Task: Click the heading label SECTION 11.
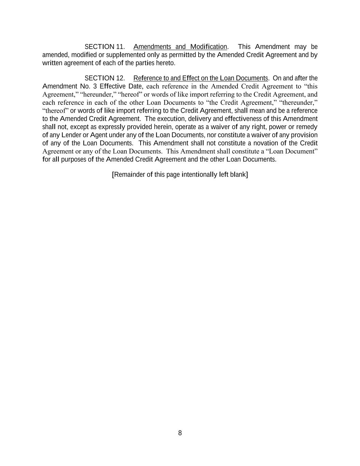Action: [x=104, y=47]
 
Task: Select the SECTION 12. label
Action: [x=104, y=78]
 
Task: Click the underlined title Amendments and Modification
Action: [x=180, y=47]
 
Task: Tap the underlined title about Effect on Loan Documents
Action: [x=201, y=78]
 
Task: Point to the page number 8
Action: [x=180, y=433]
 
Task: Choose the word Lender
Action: [x=71, y=135]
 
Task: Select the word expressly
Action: [x=111, y=127]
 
